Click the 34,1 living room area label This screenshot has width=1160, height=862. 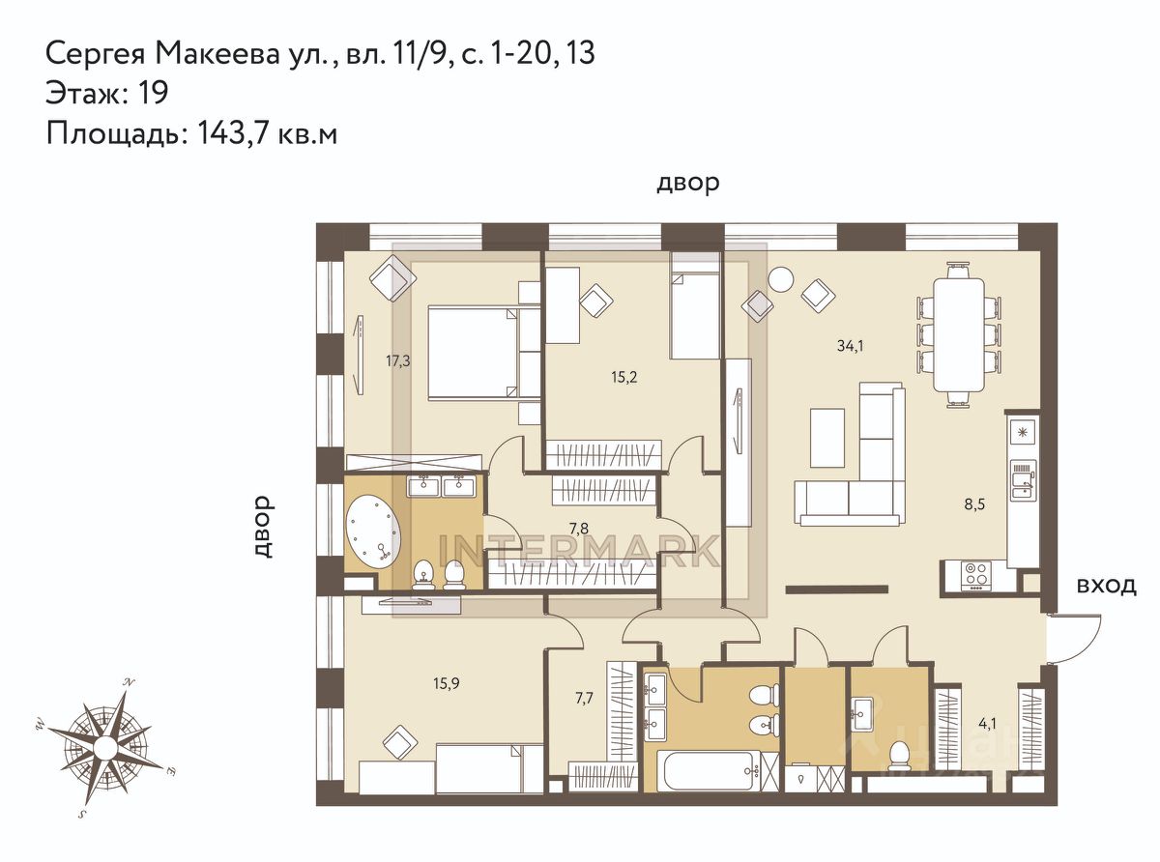pyautogui.click(x=850, y=346)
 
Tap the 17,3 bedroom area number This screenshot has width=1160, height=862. pyautogui.click(x=398, y=361)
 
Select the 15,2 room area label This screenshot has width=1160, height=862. pyautogui.click(x=623, y=377)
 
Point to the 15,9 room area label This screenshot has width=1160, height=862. pyautogui.click(x=446, y=683)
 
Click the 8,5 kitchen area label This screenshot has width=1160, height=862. pyautogui.click(x=974, y=504)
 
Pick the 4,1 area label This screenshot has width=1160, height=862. pyautogui.click(x=987, y=724)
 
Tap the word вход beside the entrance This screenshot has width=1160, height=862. pyautogui.click(x=1106, y=587)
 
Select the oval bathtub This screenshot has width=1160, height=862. pyautogui.click(x=373, y=531)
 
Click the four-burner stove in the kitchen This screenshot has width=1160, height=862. pyautogui.click(x=973, y=574)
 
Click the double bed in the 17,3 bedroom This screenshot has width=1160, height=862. pyautogui.click(x=483, y=354)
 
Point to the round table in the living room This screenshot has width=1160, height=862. pyautogui.click(x=781, y=279)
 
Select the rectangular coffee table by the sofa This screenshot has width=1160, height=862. pyautogui.click(x=826, y=438)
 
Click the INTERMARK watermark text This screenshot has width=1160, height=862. pyautogui.click(x=578, y=551)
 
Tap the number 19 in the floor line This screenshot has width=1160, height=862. pyautogui.click(x=152, y=93)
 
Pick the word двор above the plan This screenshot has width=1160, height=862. pyautogui.click(x=687, y=183)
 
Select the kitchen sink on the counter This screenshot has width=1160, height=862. pyautogui.click(x=1023, y=480)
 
